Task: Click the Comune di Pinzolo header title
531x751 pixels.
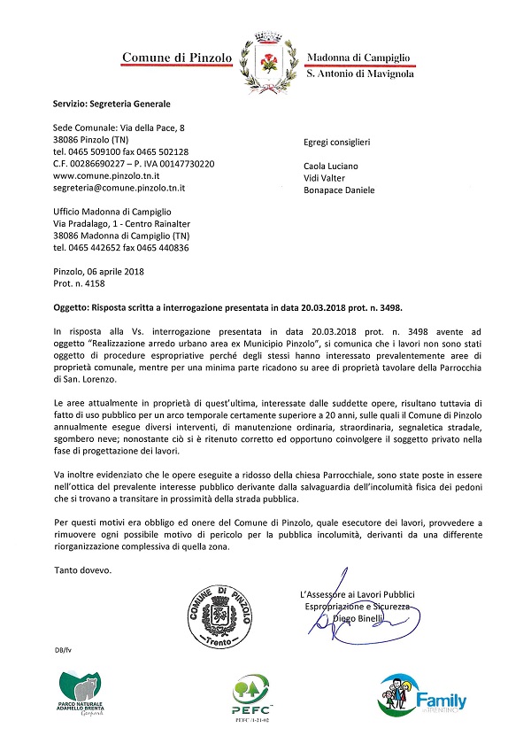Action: pyautogui.click(x=177, y=58)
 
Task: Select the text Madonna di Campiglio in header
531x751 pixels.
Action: pyautogui.click(x=358, y=58)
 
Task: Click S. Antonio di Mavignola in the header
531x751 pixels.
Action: pyautogui.click(x=359, y=74)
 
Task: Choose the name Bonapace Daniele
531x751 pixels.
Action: pyautogui.click(x=339, y=190)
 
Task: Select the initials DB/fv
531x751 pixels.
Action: pyautogui.click(x=63, y=650)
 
